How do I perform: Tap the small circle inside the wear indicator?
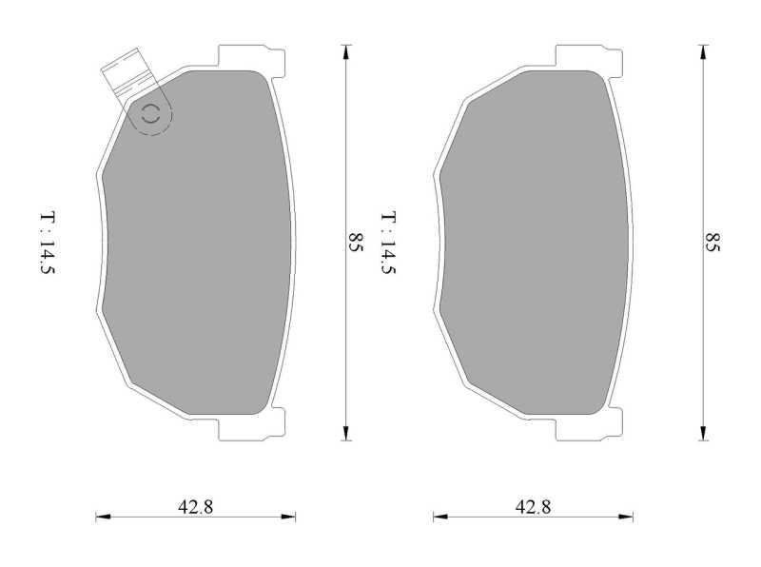click(x=150, y=114)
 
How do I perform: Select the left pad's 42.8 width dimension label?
click(x=195, y=507)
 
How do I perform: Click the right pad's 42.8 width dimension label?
click(x=533, y=507)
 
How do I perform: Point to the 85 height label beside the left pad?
click(x=356, y=242)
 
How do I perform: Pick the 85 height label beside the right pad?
click(x=712, y=242)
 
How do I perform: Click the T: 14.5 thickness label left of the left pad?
click(x=47, y=243)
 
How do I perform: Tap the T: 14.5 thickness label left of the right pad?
click(x=388, y=243)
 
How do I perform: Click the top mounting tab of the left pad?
click(x=251, y=58)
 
